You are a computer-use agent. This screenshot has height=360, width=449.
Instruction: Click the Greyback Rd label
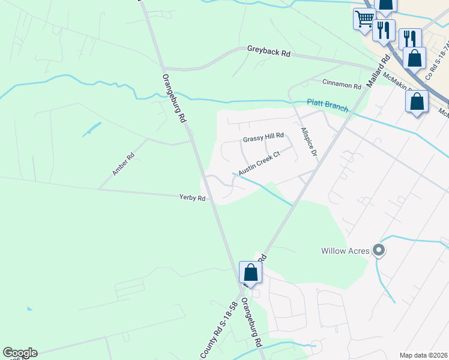point(269,53)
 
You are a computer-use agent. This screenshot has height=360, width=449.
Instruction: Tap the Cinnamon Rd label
point(342,85)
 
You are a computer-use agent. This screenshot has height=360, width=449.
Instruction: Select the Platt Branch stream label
point(327,106)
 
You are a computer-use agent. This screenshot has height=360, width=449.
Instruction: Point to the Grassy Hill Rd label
point(262,139)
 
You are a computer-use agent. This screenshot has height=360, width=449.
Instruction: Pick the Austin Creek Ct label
point(259,163)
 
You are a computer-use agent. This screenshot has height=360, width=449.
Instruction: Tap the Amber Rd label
point(123,164)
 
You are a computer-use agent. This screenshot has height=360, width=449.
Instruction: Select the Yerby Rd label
point(193,197)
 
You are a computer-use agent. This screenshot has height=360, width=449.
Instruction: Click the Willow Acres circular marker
point(378,250)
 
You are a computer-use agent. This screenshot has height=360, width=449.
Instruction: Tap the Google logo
point(20,353)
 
